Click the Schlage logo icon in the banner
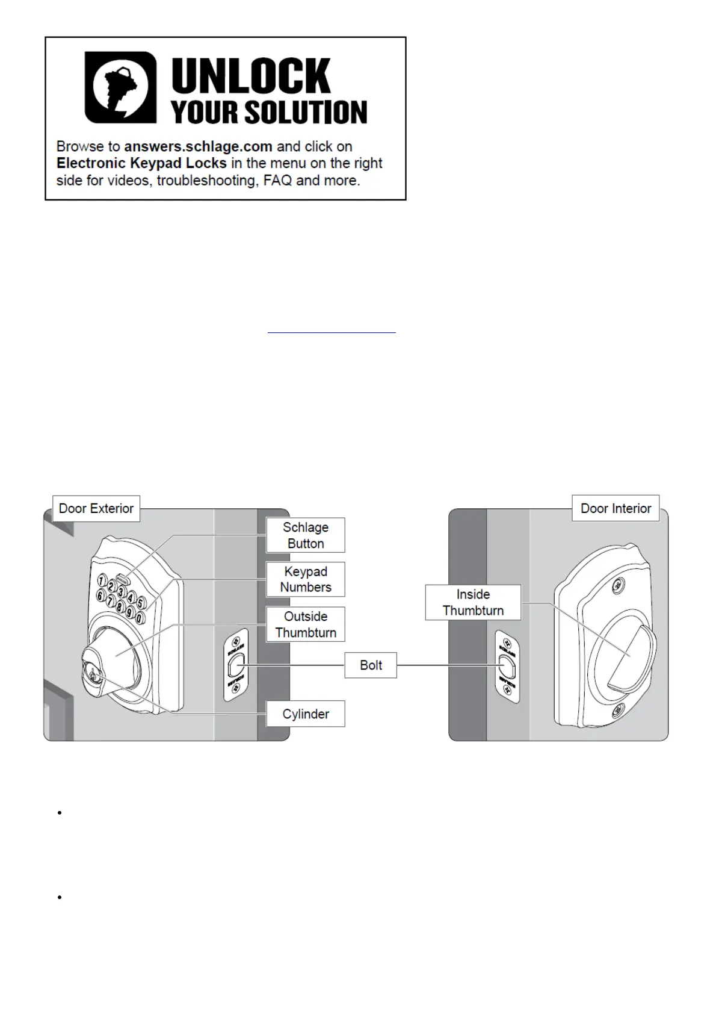point(120,87)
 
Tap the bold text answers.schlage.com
point(198,146)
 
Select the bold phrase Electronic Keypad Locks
point(141,163)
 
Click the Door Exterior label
point(96,508)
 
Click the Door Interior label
point(616,508)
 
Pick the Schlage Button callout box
point(306,535)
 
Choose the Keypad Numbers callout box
point(306,579)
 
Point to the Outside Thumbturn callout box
point(306,624)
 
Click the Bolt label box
point(371,665)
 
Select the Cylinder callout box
point(306,714)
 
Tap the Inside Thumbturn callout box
point(473,602)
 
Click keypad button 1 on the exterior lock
point(102,582)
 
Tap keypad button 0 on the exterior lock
point(140,618)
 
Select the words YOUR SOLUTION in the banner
point(268,112)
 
